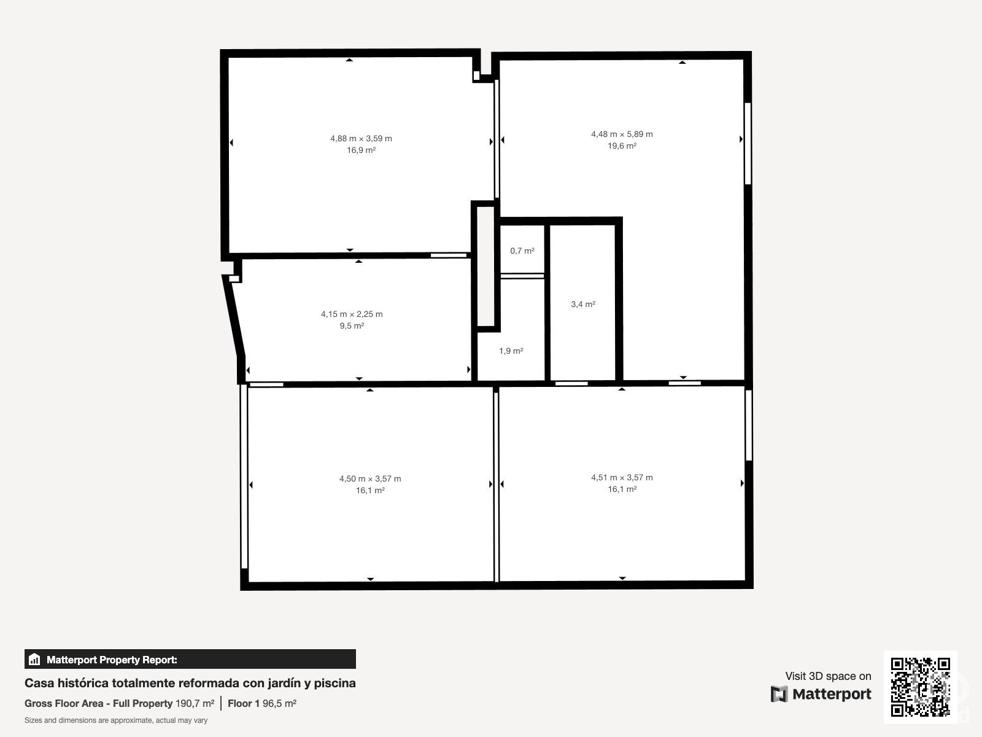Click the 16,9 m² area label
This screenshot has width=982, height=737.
click(361, 150)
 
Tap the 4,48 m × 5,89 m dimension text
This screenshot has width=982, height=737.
click(622, 135)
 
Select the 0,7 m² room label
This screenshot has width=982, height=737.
click(522, 251)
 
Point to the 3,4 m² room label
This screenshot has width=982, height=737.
click(583, 305)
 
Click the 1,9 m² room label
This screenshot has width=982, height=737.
click(511, 351)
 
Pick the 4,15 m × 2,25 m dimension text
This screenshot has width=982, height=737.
click(352, 314)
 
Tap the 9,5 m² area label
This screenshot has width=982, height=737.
click(352, 326)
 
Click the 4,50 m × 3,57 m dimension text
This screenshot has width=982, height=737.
click(370, 479)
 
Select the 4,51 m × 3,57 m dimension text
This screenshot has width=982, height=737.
click(622, 477)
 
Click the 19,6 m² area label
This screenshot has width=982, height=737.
click(622, 146)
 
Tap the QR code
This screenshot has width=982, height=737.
click(920, 687)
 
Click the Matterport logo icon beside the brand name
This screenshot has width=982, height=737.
click(779, 694)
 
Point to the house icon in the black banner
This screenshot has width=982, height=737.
click(34, 659)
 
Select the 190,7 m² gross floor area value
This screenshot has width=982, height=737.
click(195, 703)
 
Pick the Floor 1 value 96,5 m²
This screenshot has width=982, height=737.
click(280, 703)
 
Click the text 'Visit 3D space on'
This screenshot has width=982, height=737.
click(828, 676)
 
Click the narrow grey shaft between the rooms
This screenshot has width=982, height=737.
click(486, 267)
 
